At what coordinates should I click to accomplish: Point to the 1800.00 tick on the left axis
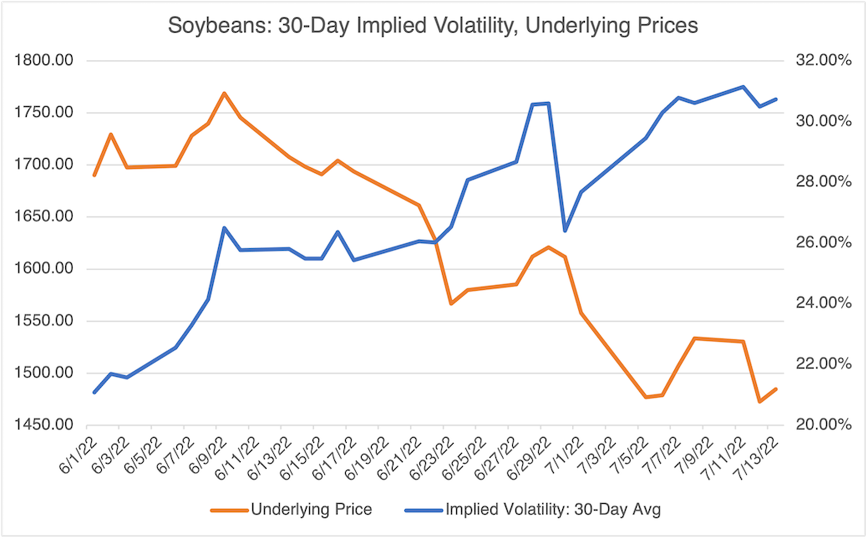[44, 60]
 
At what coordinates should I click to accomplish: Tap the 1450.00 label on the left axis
[44, 425]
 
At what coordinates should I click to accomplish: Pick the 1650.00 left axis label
[44, 216]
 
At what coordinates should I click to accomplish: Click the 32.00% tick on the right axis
[823, 60]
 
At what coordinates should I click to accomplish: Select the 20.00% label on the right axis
[823, 425]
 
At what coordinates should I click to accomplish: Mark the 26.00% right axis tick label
[823, 242]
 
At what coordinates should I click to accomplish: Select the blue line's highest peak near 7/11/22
[743, 87]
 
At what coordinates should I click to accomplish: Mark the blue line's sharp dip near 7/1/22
[565, 231]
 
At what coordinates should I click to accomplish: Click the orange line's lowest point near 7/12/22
[759, 402]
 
